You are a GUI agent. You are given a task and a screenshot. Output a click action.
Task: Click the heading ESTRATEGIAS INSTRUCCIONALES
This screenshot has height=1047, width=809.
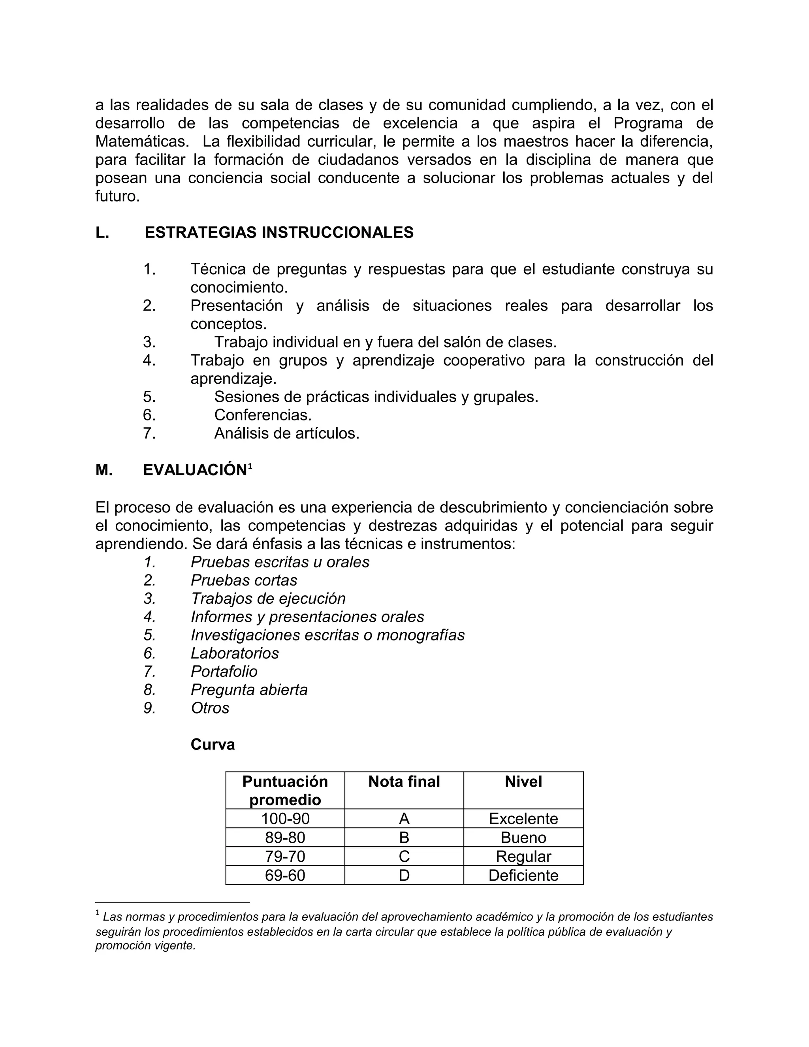(x=279, y=232)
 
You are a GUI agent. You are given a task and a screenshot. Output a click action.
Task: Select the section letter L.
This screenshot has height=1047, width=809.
(x=102, y=232)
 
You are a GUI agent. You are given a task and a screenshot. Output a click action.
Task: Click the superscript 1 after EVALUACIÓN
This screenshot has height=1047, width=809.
(x=250, y=465)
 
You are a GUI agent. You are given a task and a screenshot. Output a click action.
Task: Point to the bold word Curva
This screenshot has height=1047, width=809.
(x=212, y=744)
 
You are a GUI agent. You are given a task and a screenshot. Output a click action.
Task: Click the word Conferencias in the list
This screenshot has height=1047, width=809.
(x=263, y=415)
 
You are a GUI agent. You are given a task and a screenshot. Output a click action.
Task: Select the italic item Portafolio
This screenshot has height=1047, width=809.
(x=224, y=672)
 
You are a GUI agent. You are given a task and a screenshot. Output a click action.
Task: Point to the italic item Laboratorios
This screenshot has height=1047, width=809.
(x=234, y=653)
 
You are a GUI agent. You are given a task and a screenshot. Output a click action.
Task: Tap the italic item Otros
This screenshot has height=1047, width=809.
(x=210, y=708)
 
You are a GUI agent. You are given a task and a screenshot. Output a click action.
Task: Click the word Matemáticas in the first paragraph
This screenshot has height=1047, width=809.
(x=141, y=141)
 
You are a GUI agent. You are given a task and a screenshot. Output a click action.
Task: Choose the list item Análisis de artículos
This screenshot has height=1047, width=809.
(x=287, y=433)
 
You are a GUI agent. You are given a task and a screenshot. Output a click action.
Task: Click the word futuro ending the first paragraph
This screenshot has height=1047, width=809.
(x=117, y=196)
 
